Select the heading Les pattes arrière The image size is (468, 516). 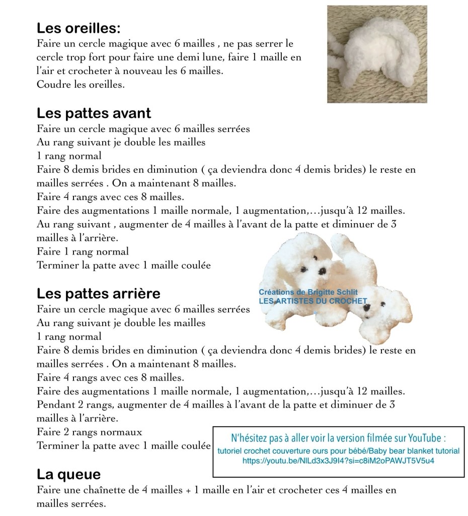pyautogui.click(x=98, y=293)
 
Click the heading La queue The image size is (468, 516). pyautogui.click(x=68, y=474)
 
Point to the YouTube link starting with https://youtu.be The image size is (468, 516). pyautogui.click(x=338, y=461)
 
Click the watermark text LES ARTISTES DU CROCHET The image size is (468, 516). pyautogui.click(x=313, y=301)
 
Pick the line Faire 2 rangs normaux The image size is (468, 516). pyautogui.click(x=90, y=432)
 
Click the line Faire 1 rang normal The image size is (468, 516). pyautogui.click(x=83, y=251)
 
